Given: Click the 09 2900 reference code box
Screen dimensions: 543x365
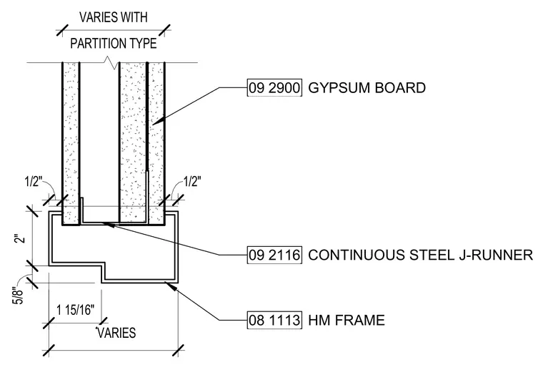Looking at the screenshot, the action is coord(274,87).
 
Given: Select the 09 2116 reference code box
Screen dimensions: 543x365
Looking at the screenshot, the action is coord(274,255).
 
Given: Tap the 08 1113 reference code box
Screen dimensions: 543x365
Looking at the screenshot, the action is coord(274,320).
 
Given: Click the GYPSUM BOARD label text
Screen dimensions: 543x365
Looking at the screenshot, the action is coord(367,88).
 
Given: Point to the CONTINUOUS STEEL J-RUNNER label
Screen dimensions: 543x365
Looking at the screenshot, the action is coord(420,255).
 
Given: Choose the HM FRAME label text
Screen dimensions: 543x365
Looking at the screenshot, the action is coord(347,320).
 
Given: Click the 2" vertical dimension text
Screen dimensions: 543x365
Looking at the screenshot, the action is coord(21,239).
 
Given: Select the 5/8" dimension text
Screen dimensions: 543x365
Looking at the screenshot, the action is coord(18,296).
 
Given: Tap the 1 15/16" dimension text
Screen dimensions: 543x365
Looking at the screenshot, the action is coord(75,309).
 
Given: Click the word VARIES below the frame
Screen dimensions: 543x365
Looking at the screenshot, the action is coord(116,333).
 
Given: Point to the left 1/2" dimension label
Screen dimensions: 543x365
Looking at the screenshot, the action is coord(34,182).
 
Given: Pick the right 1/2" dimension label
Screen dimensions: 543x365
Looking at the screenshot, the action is coord(192,181).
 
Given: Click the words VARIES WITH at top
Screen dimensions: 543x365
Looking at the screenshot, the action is coord(113,17).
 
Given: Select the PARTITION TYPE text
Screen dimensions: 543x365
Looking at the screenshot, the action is coord(113,44).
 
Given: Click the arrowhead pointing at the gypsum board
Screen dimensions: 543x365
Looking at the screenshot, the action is coord(156,121).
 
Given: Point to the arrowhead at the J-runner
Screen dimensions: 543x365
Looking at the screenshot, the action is coord(109,225).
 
